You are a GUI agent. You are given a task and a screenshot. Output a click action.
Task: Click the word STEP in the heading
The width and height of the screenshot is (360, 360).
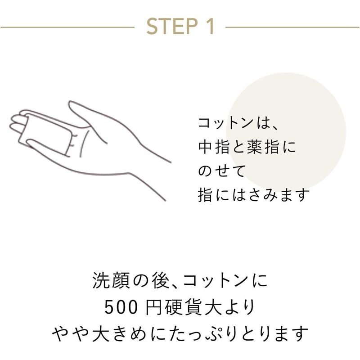coord(172,26)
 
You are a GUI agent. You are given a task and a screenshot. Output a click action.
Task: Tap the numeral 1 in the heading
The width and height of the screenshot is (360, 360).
coord(209,26)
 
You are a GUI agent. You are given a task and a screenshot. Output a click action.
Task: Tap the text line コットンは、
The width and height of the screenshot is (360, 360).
coord(238,123)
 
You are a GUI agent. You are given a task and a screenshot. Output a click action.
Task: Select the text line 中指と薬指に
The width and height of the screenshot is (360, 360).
coord(247,147)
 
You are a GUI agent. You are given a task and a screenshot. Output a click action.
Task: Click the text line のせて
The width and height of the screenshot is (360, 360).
coord(221,171)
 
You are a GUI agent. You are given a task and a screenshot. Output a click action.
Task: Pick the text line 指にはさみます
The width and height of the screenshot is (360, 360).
coord(253,195)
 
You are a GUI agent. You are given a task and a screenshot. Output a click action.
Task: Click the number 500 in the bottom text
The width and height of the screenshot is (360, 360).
coord(121,307)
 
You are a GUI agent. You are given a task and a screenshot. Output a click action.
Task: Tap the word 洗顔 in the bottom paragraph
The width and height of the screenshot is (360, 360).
coord(111,280)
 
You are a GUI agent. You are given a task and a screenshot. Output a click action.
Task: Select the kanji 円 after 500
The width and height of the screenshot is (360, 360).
coord(154,307)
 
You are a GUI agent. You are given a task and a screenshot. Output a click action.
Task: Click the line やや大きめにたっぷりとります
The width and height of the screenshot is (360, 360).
coord(180,333)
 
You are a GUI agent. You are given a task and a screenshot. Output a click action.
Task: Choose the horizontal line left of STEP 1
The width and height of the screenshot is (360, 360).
coord(67,27)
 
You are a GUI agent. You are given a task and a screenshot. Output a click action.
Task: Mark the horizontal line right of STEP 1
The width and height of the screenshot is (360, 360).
coord(292,27)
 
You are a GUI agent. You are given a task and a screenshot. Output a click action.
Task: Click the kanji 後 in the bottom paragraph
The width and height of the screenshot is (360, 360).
coord(161,280)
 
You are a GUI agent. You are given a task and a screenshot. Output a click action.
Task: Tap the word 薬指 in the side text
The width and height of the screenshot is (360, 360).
coord(263,147)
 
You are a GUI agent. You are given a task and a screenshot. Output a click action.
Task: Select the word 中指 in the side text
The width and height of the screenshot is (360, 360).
coord(214,147)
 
